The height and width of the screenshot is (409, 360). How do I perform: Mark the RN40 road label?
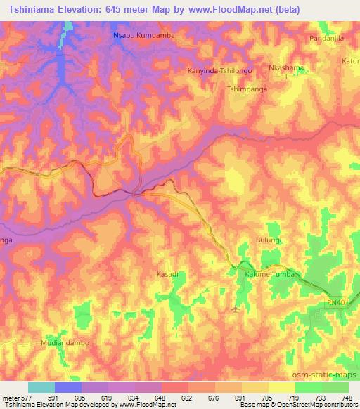(336, 302)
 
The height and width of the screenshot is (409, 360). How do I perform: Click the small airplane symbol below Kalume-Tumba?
(235, 307)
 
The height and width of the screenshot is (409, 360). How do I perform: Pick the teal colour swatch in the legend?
(41, 387)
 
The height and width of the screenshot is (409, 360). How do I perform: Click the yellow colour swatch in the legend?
(282, 387)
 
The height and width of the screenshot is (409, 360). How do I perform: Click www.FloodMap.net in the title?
(215, 11)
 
